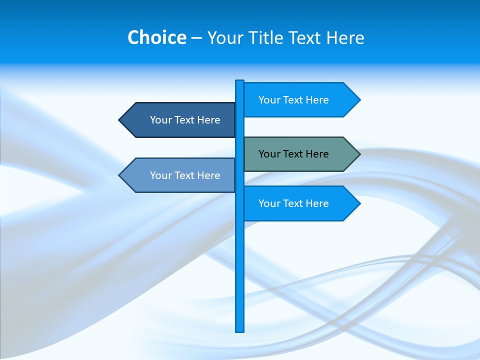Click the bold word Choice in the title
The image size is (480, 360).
156,37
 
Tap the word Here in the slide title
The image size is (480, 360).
345,37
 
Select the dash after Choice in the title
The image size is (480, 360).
196,38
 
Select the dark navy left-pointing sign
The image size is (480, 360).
180,120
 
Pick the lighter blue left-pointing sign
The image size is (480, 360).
180,175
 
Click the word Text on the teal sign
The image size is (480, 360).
293,154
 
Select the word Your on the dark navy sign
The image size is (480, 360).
160,120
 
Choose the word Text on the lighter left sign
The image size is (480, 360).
185,175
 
